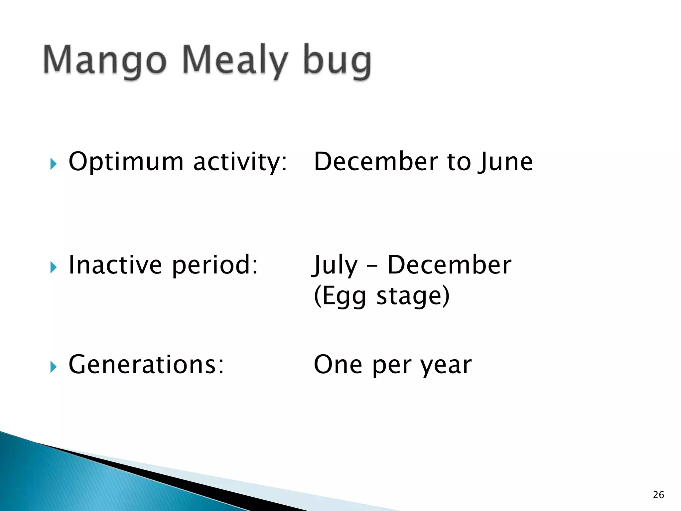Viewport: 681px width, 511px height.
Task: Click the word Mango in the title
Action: pyautogui.click(x=105, y=60)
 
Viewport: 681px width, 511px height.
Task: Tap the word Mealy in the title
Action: pyautogui.click(x=235, y=60)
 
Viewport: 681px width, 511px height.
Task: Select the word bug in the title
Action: pyautogui.click(x=337, y=62)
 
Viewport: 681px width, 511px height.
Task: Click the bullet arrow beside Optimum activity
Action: pyautogui.click(x=54, y=164)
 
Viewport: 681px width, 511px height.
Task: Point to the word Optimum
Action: pyautogui.click(x=126, y=162)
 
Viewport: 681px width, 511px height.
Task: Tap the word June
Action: pyautogui.click(x=506, y=162)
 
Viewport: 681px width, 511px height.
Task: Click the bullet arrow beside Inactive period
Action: pyautogui.click(x=54, y=267)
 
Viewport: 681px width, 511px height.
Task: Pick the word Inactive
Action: pyautogui.click(x=115, y=265)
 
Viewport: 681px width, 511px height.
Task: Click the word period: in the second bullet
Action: pyautogui.click(x=215, y=265)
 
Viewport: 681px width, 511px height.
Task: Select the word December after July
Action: pyautogui.click(x=449, y=265)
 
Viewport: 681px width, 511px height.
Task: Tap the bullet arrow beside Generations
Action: pyautogui.click(x=54, y=367)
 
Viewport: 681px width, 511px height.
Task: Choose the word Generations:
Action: pyautogui.click(x=146, y=365)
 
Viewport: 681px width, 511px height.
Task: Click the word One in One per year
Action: pyautogui.click(x=338, y=365)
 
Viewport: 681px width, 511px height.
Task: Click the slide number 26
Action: pyautogui.click(x=658, y=495)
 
